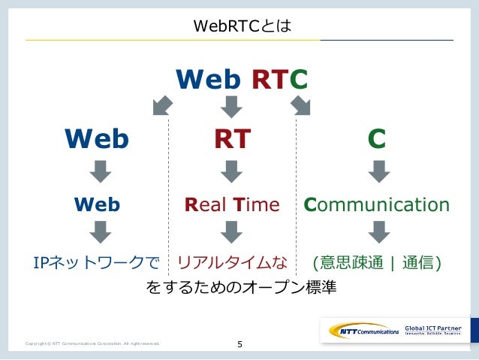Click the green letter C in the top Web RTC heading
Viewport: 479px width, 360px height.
point(298,78)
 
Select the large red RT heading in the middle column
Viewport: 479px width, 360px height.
point(232,138)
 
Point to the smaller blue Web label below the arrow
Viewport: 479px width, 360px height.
point(96,205)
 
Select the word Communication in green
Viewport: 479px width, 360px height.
point(376,205)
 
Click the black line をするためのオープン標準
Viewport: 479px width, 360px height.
point(240,287)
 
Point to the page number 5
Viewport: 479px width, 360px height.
point(239,345)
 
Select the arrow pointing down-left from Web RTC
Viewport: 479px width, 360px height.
point(162,107)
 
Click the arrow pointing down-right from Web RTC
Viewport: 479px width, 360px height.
point(302,107)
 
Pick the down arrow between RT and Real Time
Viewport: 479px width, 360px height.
point(232,171)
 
